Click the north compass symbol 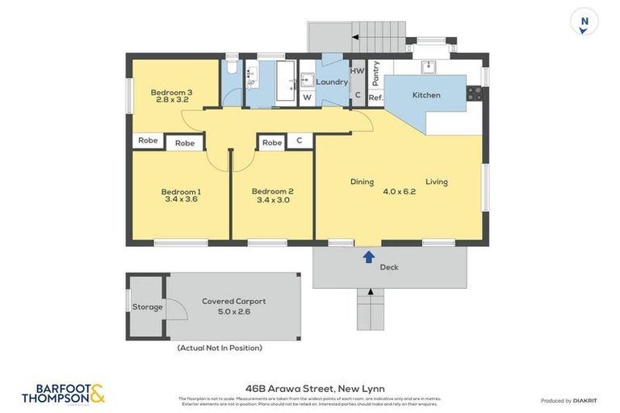coord(584,22)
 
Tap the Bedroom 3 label coord(171,93)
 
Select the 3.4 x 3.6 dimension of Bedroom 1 coord(182,199)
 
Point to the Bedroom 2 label coord(272,191)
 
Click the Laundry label coord(332,82)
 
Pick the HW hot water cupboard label coord(357,71)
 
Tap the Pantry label coord(375,73)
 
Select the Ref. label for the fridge coord(375,98)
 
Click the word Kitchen coord(426,95)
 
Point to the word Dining coord(362,181)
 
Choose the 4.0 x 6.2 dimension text coord(399,191)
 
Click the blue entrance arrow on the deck coord(368,257)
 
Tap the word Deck coord(389,267)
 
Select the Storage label coord(148,307)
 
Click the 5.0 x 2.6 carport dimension coord(233,311)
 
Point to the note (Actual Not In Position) coord(220,348)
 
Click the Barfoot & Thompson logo coord(63,394)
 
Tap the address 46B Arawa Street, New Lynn coord(310,387)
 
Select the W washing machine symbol coord(307,98)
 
